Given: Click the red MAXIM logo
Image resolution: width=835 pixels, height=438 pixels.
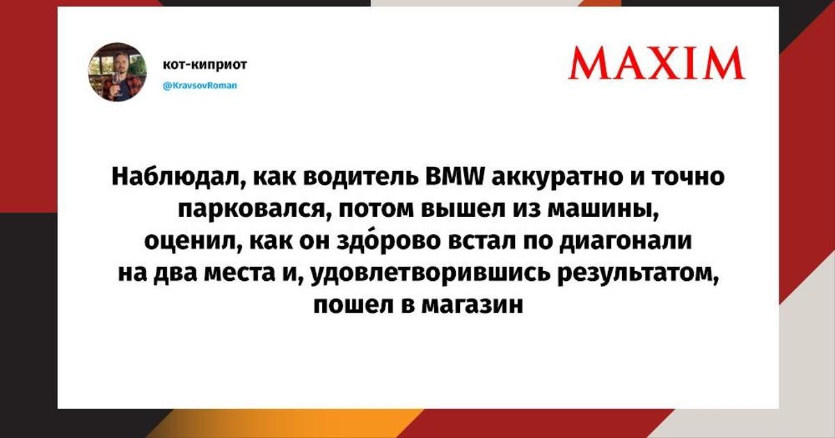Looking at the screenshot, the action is pyautogui.click(x=656, y=63).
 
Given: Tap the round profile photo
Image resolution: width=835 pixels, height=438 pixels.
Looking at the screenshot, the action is pyautogui.click(x=118, y=72).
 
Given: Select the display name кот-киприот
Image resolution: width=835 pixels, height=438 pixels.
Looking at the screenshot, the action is pyautogui.click(x=205, y=65).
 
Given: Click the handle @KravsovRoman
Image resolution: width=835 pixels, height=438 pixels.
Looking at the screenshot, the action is pyautogui.click(x=200, y=86).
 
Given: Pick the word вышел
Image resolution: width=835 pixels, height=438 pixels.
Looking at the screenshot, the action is pyautogui.click(x=462, y=209).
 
